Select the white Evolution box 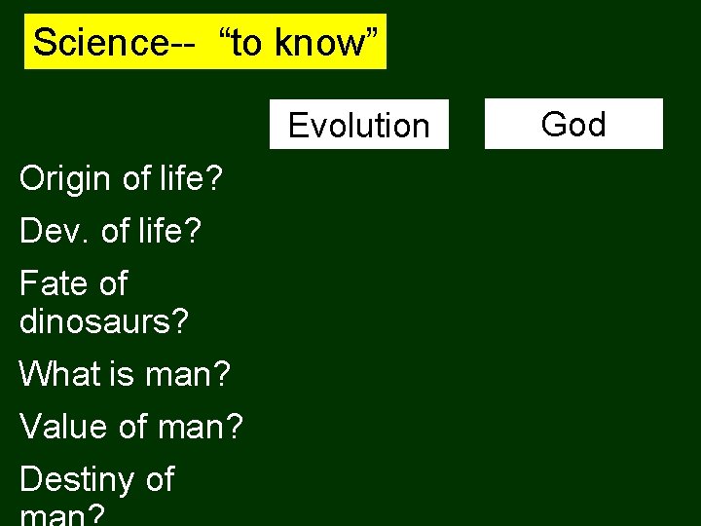[x=358, y=125]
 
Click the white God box [x=573, y=124]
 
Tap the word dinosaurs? [x=103, y=320]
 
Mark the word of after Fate [x=112, y=283]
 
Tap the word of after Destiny [x=159, y=479]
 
